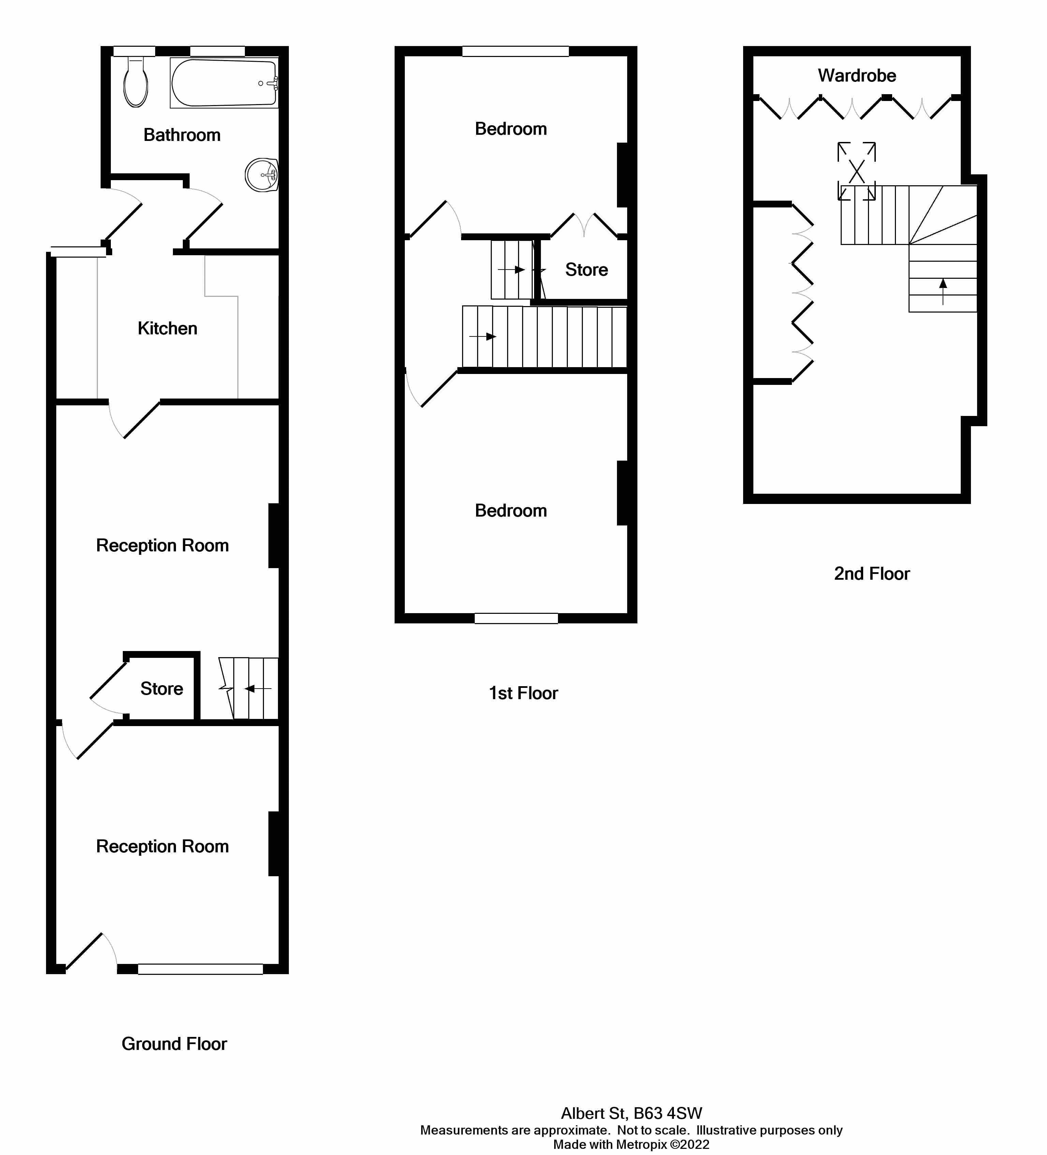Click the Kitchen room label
coord(167,328)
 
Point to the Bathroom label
coord(181,135)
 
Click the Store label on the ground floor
coord(162,688)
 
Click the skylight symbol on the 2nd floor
coord(856,171)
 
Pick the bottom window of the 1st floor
coord(515,618)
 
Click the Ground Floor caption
coord(174,1044)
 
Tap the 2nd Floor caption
coord(871,574)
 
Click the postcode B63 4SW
coord(668,1113)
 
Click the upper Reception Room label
coord(162,545)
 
